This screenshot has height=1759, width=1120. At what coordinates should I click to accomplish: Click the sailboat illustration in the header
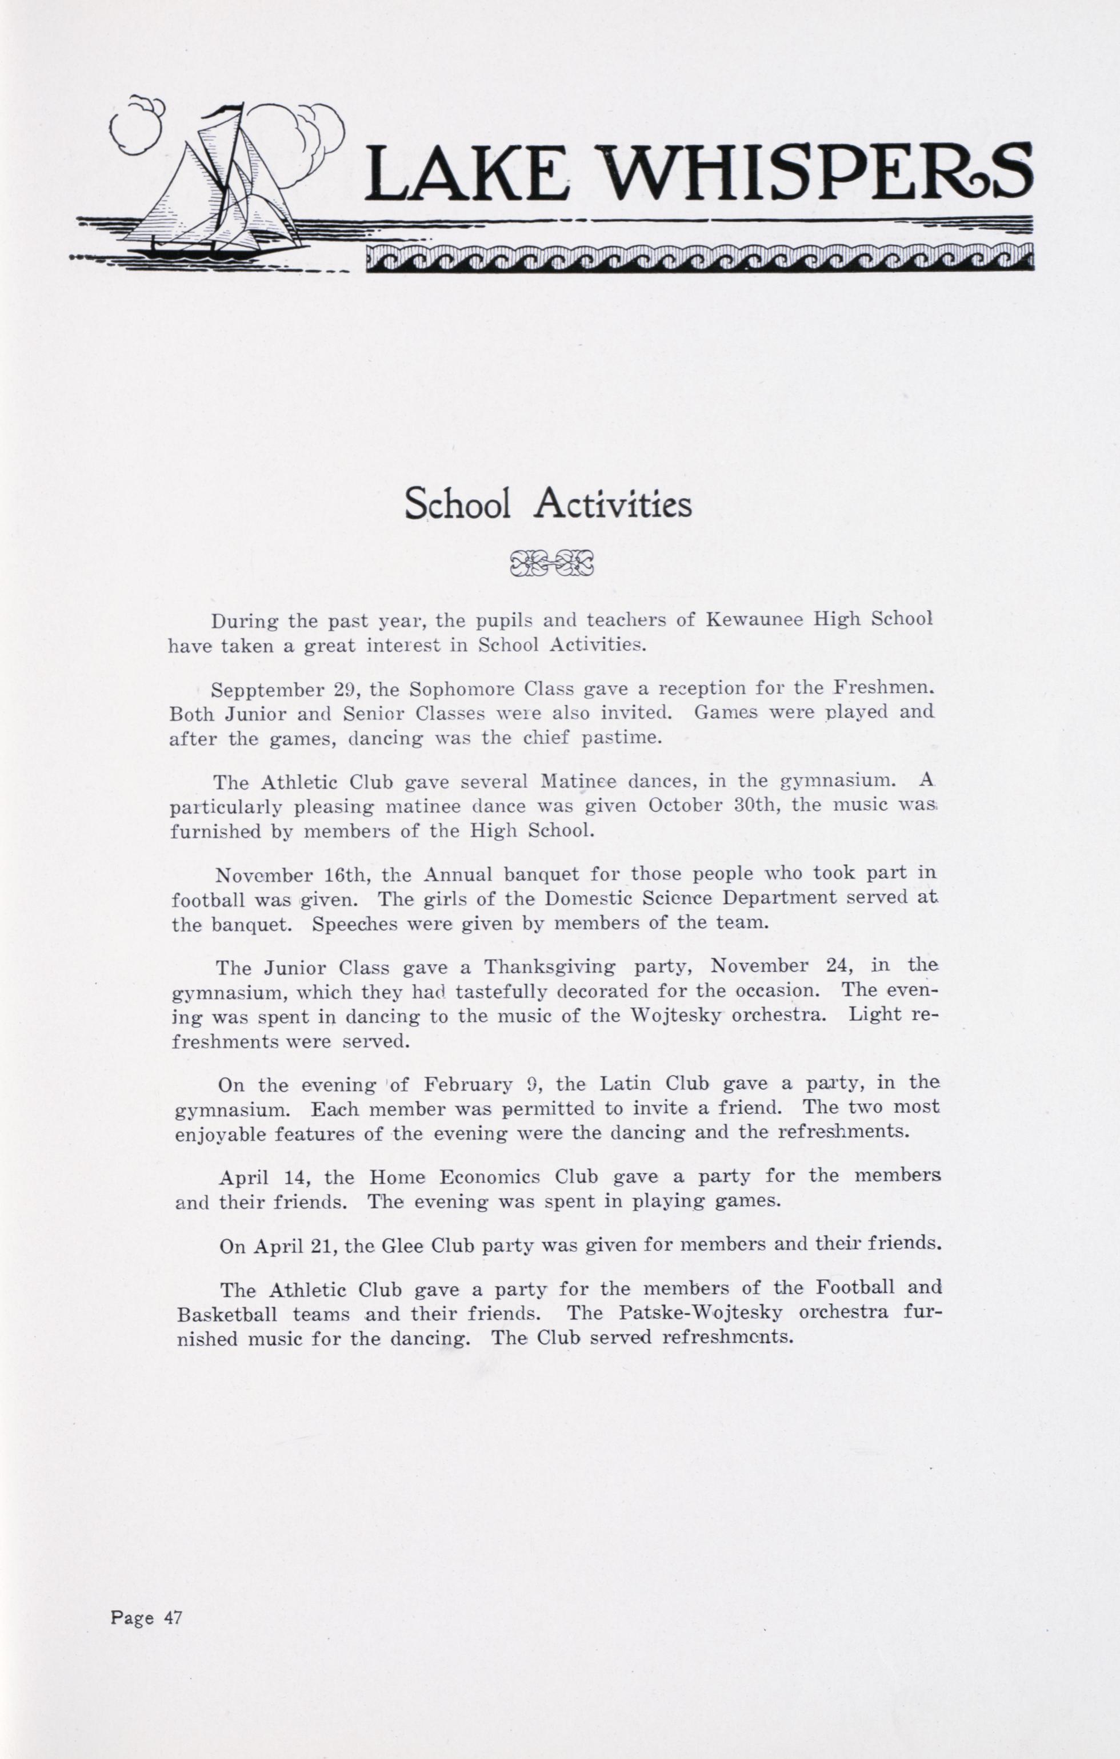tap(212, 190)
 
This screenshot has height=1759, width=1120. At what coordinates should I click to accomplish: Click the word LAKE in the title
tap(467, 174)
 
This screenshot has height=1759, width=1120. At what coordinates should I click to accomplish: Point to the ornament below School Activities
tap(552, 563)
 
